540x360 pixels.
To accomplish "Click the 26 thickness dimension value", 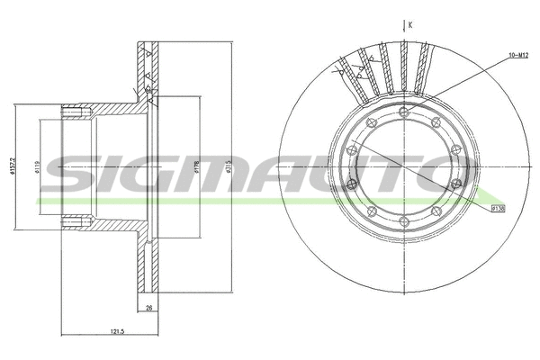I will pyautogui.click(x=148, y=309).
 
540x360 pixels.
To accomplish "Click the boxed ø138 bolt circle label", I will pyautogui.click(x=498, y=209).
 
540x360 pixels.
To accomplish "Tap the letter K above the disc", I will pyautogui.click(x=409, y=25).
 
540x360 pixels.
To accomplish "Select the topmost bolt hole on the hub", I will pyautogui.click(x=404, y=112).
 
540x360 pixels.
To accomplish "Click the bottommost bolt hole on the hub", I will pyautogui.click(x=404, y=224).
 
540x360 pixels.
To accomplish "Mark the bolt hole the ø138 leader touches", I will pyautogui.click(x=456, y=185).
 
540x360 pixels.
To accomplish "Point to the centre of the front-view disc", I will pyautogui.click(x=404, y=168).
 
